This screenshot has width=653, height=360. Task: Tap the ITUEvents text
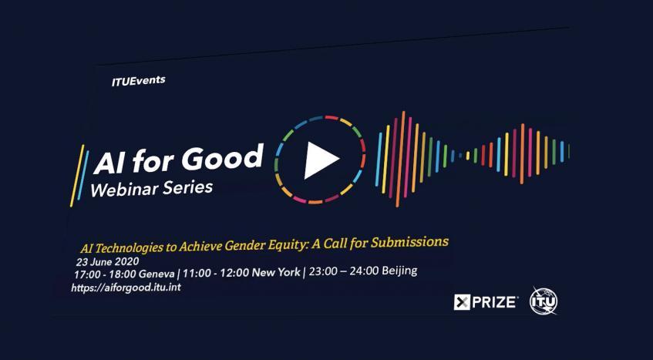[x=138, y=80]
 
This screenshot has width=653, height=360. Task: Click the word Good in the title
[x=224, y=158]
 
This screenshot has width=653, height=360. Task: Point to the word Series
[x=188, y=187]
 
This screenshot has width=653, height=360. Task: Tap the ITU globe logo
[x=544, y=300]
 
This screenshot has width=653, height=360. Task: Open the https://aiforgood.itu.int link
[x=126, y=288]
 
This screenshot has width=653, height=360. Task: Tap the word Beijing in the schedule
[x=396, y=270]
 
